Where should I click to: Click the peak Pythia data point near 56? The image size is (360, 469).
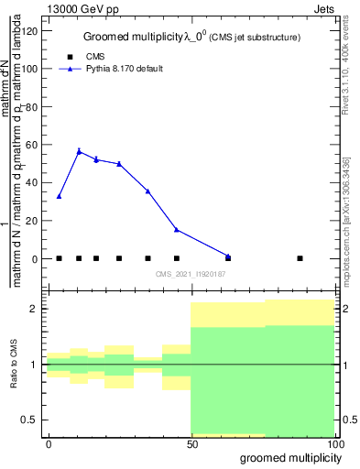[x=79, y=151]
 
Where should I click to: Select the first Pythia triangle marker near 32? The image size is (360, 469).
[x=59, y=196]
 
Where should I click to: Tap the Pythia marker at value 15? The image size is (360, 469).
[x=177, y=230]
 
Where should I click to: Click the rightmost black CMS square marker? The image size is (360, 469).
[x=300, y=258]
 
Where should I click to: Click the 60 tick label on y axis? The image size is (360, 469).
[x=32, y=145]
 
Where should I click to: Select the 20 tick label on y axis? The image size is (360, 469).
[x=32, y=221]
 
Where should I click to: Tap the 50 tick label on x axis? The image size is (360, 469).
[x=191, y=443]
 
